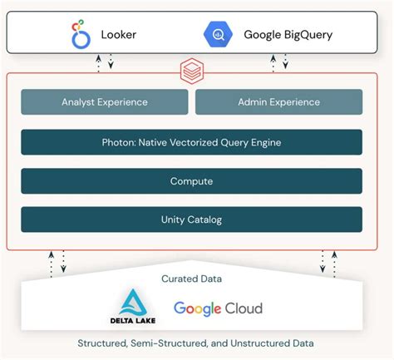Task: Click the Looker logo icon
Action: tap(81, 36)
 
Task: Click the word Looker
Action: tap(119, 35)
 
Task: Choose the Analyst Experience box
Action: tap(105, 102)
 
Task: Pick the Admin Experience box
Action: tap(278, 102)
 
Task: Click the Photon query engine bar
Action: tap(191, 142)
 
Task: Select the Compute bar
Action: tap(191, 181)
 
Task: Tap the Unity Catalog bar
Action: tap(191, 219)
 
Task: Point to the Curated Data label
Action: tap(191, 279)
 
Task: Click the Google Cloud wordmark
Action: tap(218, 308)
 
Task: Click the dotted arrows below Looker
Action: tap(105, 62)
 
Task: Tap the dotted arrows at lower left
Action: tap(57, 262)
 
